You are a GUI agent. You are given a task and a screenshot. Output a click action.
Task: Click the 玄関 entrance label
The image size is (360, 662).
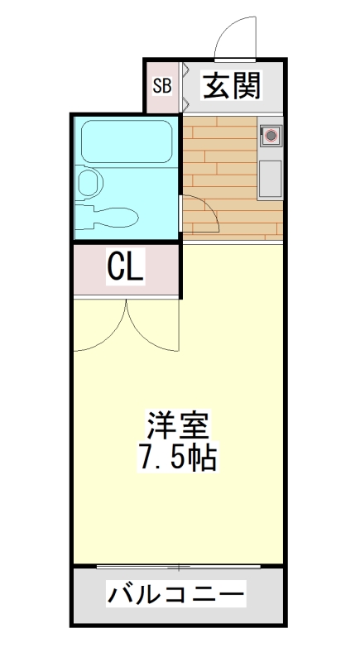[x=232, y=85]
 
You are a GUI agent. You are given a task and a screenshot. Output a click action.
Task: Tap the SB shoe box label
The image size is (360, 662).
[x=161, y=85]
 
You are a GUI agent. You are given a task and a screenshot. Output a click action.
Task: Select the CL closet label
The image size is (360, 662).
[x=126, y=267]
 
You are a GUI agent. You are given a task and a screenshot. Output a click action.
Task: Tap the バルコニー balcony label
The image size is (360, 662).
[x=176, y=593]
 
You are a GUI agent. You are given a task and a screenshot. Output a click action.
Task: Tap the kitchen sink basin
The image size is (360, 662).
[x=271, y=178]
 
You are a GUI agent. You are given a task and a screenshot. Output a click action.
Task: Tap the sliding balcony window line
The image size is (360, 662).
[x=178, y=568]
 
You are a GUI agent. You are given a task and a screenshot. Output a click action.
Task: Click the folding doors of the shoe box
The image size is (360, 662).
[x=185, y=85]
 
